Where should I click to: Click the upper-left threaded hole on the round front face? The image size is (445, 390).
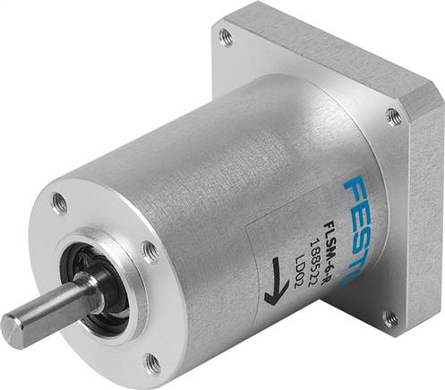[x=60, y=202]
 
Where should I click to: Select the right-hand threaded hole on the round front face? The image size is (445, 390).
[x=150, y=253]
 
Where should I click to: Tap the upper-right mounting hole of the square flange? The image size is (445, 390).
[x=392, y=114]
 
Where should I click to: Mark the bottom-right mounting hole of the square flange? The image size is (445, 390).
[x=390, y=318]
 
